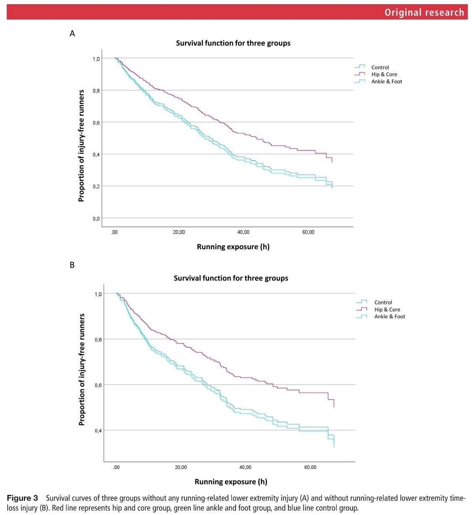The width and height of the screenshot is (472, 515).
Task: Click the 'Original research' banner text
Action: (424, 12)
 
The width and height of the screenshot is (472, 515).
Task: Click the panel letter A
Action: (72, 34)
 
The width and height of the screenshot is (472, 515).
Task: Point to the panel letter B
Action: (72, 265)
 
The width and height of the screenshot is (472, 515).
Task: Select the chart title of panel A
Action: (233, 43)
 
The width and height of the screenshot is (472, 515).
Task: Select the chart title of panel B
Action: (231, 278)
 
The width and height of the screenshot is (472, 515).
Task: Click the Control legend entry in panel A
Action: (380, 67)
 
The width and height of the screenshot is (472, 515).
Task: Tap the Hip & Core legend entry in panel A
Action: (384, 75)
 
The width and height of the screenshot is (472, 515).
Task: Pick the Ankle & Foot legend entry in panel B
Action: (389, 317)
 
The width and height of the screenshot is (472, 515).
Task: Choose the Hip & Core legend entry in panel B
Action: (387, 310)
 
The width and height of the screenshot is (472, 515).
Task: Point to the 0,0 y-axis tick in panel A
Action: (96, 218)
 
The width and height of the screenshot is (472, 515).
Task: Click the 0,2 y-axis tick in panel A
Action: (96, 186)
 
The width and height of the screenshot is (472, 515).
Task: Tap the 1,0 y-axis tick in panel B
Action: (98, 294)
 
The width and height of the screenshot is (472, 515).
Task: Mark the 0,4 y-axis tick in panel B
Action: (98, 431)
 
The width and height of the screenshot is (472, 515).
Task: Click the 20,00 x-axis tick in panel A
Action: (179, 232)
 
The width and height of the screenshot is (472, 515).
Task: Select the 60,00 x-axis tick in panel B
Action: (310, 467)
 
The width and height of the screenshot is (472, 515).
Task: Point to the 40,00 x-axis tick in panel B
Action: (245, 467)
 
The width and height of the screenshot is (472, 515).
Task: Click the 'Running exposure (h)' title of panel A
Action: (233, 247)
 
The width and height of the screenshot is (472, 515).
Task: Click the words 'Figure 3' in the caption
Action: (22, 498)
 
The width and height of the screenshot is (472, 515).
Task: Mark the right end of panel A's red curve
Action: (332, 162)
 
